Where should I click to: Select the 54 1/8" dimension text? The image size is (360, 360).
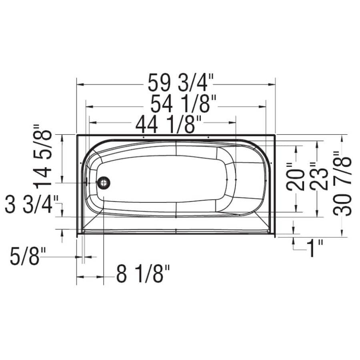184,105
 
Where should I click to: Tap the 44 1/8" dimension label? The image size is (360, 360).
168,125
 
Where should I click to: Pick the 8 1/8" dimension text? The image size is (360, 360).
143,275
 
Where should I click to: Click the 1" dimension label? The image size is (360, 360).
315,249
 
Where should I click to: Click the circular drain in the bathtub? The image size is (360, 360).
104,183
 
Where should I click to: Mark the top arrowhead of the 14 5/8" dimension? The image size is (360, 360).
62,138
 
